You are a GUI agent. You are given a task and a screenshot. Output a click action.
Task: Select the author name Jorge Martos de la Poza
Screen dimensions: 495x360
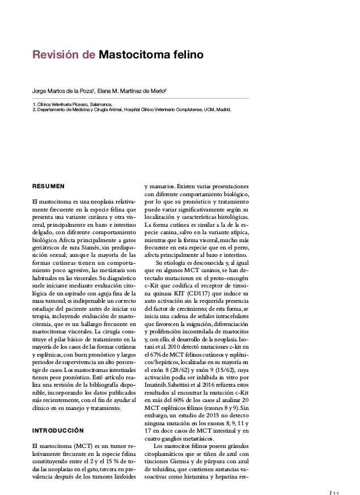point(62,91)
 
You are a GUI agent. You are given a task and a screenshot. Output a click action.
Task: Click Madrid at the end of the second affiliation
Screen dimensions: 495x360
point(222,109)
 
